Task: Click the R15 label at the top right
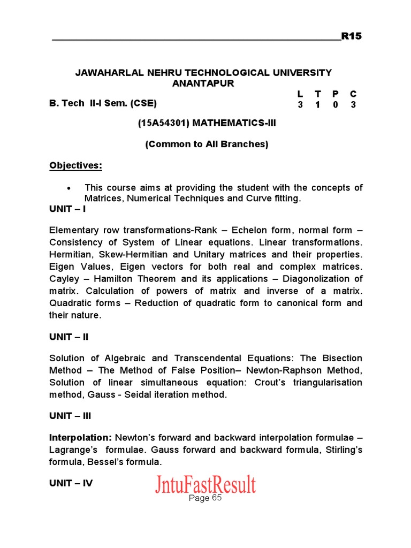352,36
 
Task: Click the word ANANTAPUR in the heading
203,83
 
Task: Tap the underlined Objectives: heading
75,165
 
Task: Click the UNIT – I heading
67,209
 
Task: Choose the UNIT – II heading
69,337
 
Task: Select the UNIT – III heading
71,416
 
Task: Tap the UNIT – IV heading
71,483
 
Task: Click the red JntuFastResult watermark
205,484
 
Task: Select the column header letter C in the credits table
353,94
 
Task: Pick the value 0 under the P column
336,105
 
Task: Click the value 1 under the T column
318,105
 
